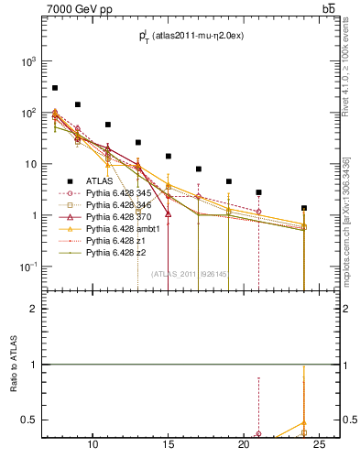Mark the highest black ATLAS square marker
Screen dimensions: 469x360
click(55, 88)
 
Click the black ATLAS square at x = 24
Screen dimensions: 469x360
click(304, 208)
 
